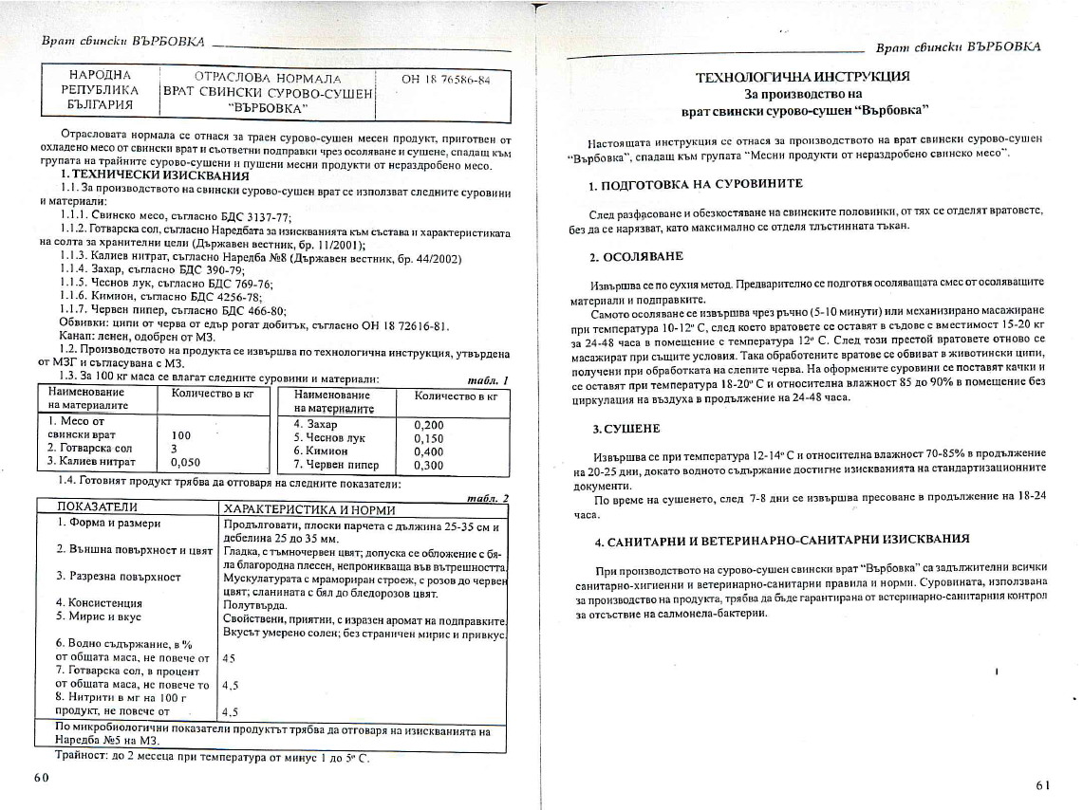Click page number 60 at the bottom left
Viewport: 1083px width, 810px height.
tap(41, 777)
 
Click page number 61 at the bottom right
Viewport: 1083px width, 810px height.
tap(1042, 785)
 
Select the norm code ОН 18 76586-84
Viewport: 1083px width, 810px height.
tap(445, 80)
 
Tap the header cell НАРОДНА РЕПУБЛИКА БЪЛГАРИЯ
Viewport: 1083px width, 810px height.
tap(100, 89)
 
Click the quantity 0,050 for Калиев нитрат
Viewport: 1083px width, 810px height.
tap(185, 462)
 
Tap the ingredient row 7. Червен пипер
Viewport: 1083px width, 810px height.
tap(336, 465)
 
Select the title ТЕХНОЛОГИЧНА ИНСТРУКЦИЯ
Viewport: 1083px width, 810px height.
tap(802, 76)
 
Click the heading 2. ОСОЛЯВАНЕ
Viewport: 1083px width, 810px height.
tap(636, 256)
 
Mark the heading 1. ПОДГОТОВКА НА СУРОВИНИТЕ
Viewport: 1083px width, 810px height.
tap(696, 183)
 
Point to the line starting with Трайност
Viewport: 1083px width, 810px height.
tap(201, 759)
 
